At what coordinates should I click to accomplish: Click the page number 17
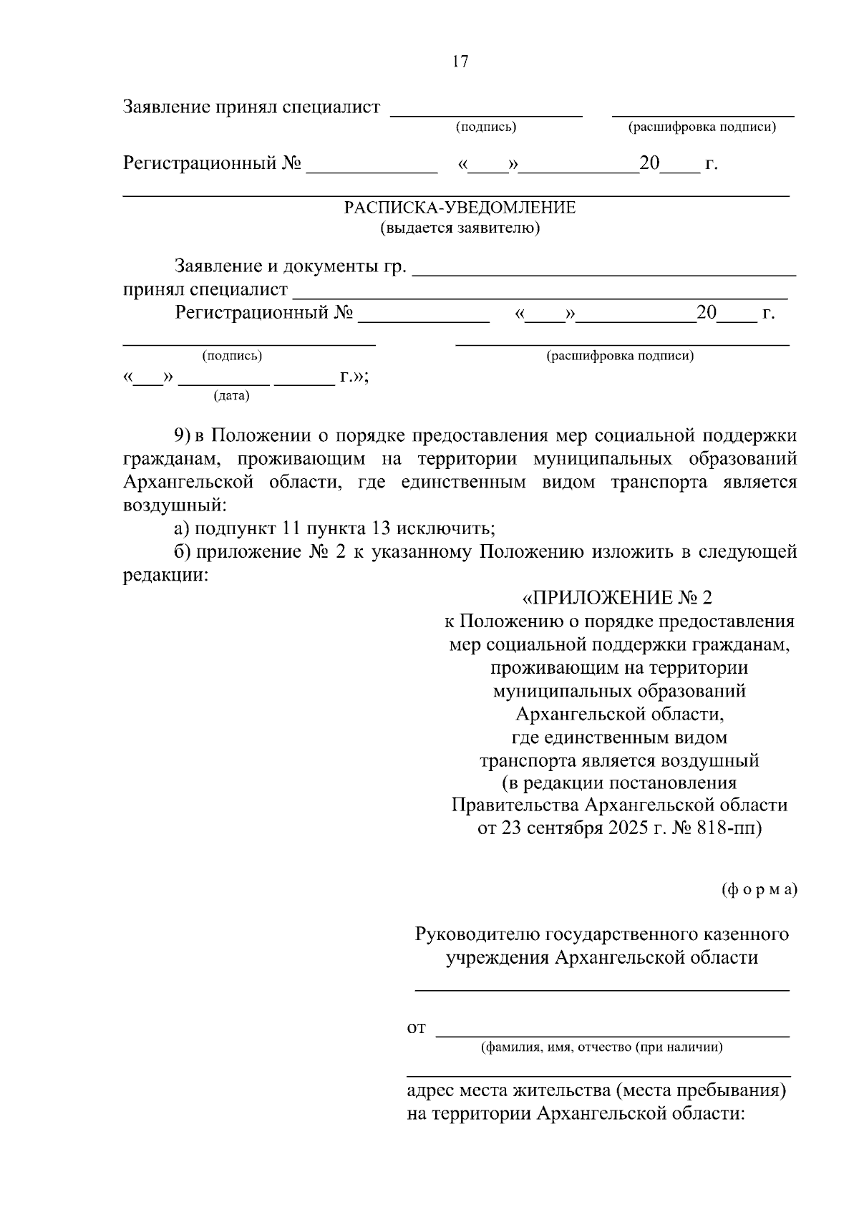[460, 62]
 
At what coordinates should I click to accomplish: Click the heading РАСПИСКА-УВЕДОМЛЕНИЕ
[460, 208]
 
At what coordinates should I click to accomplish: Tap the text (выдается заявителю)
[460, 228]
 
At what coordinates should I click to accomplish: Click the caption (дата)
[231, 395]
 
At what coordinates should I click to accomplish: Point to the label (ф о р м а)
[758, 889]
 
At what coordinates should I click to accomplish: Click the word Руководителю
[477, 934]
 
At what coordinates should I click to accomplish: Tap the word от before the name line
[416, 1029]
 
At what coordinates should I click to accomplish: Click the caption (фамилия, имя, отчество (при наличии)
[601, 1047]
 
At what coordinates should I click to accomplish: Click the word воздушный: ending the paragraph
[175, 505]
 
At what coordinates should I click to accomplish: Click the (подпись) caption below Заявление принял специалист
[486, 127]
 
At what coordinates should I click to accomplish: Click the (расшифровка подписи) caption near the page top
[702, 127]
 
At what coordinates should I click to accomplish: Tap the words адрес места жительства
[507, 1091]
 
